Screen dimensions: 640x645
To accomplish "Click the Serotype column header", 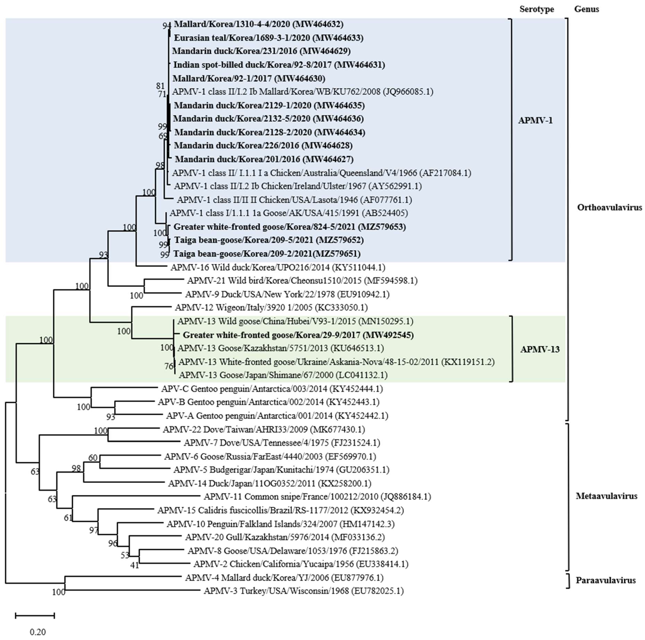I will (x=537, y=9).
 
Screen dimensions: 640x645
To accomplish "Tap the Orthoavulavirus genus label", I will (x=609, y=208).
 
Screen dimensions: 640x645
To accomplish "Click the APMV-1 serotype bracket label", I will (x=535, y=120).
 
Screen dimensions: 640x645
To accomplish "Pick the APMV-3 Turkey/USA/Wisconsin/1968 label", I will (x=304, y=591).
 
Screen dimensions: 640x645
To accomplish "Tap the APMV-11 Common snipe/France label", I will (x=317, y=497).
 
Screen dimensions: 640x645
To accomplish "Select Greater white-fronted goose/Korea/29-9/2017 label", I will (x=298, y=335).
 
